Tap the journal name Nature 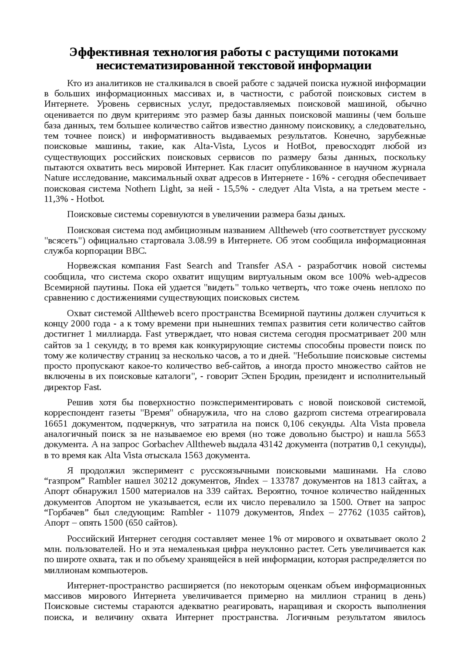point(55,178)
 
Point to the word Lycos point(255,146)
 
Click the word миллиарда point(118,335)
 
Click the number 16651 point(56,423)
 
